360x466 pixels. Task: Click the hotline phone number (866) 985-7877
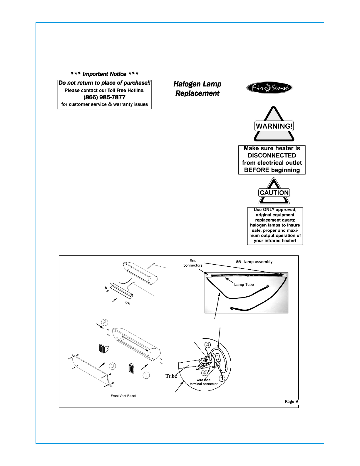[x=104, y=97]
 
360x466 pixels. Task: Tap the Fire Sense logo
[x=269, y=88]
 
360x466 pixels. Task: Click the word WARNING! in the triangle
[x=274, y=126]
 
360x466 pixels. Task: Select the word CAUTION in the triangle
[x=274, y=193]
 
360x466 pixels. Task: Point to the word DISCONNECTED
[x=272, y=156]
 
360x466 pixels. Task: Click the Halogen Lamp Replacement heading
[x=197, y=88]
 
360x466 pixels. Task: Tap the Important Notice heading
[x=105, y=74]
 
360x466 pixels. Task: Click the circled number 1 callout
[x=146, y=375]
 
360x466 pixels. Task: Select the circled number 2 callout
[x=105, y=323]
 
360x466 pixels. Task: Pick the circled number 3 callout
[x=113, y=366]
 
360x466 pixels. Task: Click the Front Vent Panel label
[x=123, y=396]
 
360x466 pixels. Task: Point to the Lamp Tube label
[x=244, y=285]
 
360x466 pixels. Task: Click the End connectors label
[x=193, y=263]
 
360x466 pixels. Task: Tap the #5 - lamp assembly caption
[x=254, y=262]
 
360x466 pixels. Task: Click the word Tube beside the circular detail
[x=171, y=376]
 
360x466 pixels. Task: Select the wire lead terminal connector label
[x=204, y=382]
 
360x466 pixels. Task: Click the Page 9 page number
[x=291, y=401]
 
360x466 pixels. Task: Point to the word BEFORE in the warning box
[x=257, y=170]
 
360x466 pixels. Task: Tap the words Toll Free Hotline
[x=126, y=91]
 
